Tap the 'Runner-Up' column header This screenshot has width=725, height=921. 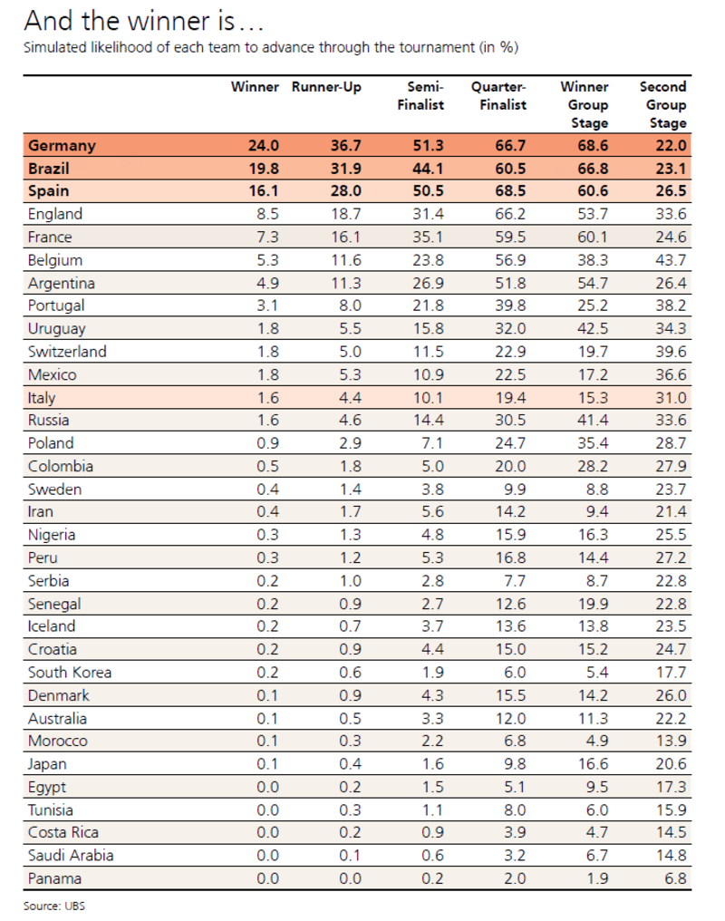coord(326,87)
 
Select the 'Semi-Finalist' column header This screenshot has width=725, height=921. coord(422,96)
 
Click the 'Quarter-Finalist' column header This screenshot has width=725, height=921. coord(498,96)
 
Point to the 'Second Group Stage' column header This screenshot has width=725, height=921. coord(664,104)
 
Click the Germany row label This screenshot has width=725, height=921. coord(62,145)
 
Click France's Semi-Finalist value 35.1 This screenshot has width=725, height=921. coord(427,238)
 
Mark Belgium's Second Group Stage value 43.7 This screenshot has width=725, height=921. coord(671,260)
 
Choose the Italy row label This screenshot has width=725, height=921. coord(42,397)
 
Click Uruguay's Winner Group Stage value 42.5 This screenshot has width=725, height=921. coord(592,328)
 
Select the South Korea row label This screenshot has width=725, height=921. coord(70,673)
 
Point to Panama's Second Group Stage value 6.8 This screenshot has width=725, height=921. coord(675,878)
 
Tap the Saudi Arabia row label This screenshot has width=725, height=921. coord(71,856)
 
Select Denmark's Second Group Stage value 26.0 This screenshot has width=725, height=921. coord(671,695)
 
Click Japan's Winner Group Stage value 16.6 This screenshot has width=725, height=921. coord(592,764)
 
